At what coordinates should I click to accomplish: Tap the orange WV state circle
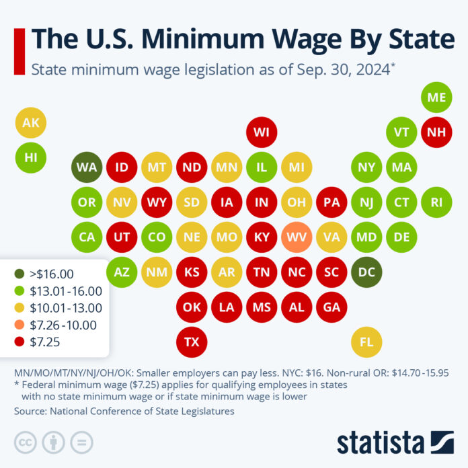(x=297, y=237)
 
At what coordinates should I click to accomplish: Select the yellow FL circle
(x=366, y=342)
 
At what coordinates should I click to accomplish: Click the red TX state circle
(x=192, y=342)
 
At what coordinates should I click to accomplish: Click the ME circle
(x=436, y=97)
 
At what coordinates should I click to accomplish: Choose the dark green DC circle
(x=366, y=272)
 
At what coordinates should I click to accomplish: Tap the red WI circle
(x=262, y=132)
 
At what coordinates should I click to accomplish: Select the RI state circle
(x=436, y=202)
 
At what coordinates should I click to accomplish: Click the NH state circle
(x=436, y=132)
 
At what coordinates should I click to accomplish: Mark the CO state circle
(x=157, y=237)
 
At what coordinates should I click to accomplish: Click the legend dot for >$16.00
(x=22, y=274)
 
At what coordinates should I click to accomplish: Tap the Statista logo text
(x=381, y=442)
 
